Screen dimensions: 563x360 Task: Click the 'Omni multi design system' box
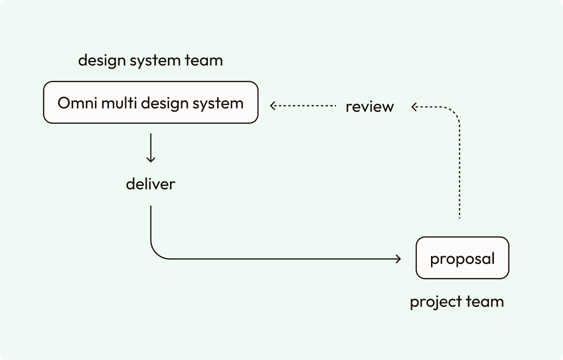pos(151,102)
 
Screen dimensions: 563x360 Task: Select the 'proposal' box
pos(463,258)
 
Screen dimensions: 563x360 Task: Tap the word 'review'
pos(370,107)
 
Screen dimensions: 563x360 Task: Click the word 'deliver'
pos(150,184)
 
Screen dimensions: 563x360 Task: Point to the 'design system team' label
pos(150,60)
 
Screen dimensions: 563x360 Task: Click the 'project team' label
pos(457,302)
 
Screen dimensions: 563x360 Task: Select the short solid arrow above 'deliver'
pos(151,148)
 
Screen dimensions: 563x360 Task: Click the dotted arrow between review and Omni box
pos(303,106)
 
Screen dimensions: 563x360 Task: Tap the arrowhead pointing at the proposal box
pos(398,259)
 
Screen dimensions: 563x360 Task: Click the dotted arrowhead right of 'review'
pos(414,107)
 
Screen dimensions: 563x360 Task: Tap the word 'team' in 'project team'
pos(485,302)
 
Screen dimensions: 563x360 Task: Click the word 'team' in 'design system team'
pos(204,60)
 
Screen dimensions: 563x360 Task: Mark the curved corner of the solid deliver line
pos(156,253)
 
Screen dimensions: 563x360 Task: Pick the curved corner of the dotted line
pos(454,112)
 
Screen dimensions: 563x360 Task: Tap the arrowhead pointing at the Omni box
pos(273,106)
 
